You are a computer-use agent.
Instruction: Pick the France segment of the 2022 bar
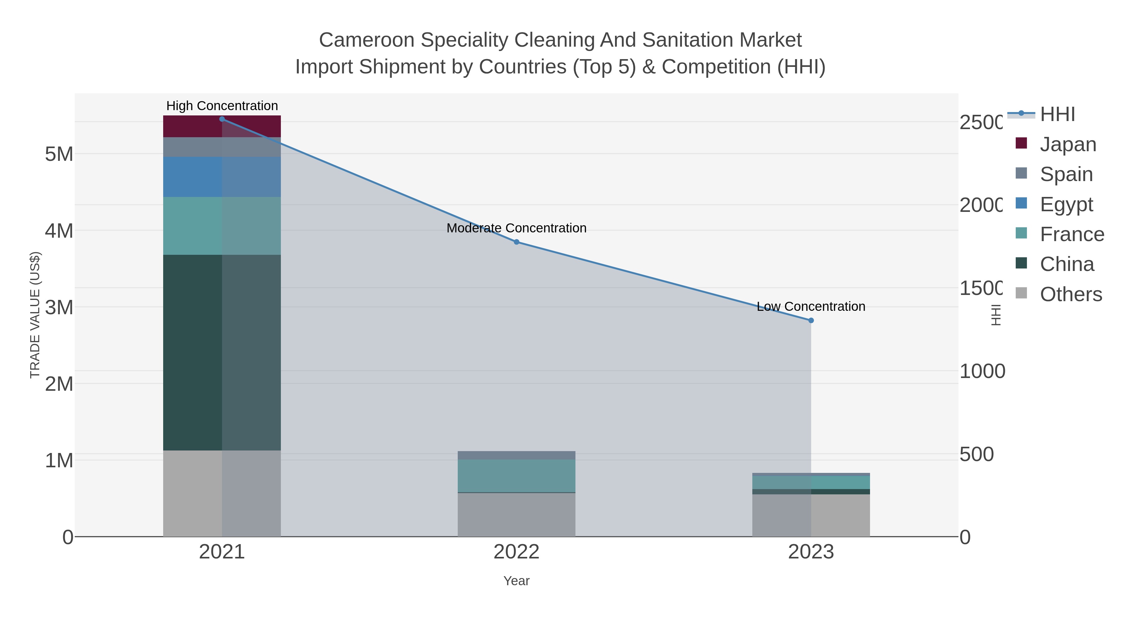tap(517, 476)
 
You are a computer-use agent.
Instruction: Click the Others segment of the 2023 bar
tap(811, 515)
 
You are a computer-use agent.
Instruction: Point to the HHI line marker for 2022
tap(517, 242)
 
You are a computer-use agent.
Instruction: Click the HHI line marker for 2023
tap(811, 320)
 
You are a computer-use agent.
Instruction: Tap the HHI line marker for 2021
tap(222, 119)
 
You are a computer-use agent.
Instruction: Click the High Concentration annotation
tap(222, 106)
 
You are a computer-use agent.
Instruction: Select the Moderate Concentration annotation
tap(517, 228)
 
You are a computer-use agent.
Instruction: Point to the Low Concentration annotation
tap(811, 306)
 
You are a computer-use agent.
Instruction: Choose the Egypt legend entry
tap(1066, 204)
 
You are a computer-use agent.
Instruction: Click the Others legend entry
tap(1071, 294)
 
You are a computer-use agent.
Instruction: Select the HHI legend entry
tap(1057, 114)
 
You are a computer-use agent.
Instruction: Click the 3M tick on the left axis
tap(59, 307)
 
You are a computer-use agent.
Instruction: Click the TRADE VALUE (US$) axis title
tap(35, 315)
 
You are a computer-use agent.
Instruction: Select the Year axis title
tap(517, 581)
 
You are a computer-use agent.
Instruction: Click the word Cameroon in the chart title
tap(367, 40)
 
